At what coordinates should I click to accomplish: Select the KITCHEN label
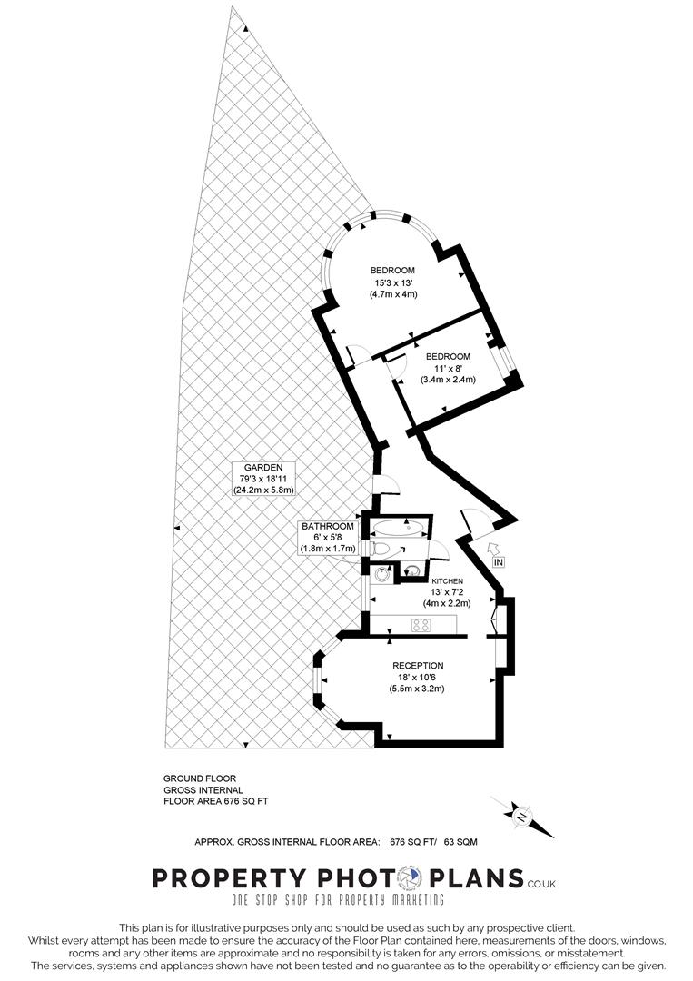[447, 580]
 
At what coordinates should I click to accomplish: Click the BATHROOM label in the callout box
[327, 526]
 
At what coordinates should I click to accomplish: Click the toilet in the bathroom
[381, 548]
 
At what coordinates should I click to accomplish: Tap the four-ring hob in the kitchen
[421, 624]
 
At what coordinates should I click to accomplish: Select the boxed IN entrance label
[498, 562]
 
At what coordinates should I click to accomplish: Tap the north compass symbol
[522, 817]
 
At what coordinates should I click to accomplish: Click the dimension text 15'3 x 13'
[392, 282]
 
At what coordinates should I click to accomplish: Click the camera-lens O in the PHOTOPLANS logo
[411, 878]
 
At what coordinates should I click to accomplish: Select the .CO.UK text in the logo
[541, 882]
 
